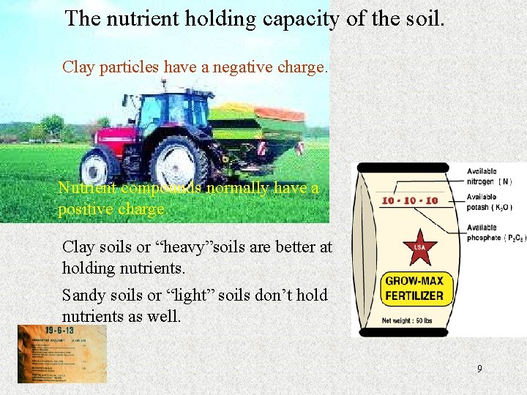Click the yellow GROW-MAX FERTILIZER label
[x=414, y=288]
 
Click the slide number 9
[x=479, y=369]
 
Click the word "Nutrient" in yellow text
[x=88, y=189]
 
